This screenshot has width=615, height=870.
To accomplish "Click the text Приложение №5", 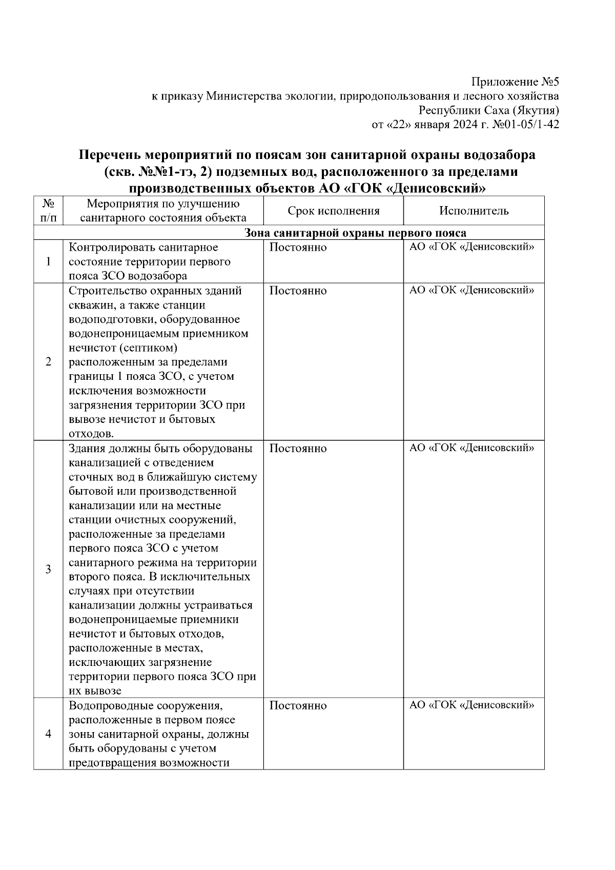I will [x=515, y=82].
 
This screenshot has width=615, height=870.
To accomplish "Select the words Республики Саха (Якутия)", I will [x=489, y=110].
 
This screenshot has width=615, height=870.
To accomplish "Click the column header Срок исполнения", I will [x=333, y=211].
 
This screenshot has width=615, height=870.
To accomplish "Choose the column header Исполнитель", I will [x=474, y=211].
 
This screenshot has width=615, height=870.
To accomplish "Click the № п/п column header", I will [x=48, y=211].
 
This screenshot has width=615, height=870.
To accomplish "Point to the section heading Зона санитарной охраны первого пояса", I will [x=355, y=233].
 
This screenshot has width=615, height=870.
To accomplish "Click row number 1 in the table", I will [x=48, y=262].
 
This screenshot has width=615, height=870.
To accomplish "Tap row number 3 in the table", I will [x=48, y=569].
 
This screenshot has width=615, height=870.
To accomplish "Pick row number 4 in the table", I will [x=48, y=734].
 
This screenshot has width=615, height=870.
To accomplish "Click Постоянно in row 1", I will [x=298, y=248].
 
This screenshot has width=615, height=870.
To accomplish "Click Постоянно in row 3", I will [x=298, y=449].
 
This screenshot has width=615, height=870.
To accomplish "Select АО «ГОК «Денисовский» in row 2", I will [x=471, y=291].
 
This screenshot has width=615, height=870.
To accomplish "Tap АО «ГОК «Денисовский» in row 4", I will [x=471, y=705].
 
